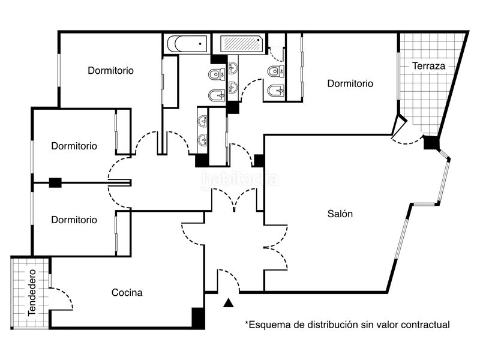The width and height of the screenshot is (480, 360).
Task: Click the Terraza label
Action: [x=428, y=66]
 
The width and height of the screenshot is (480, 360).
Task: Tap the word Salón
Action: [x=340, y=214]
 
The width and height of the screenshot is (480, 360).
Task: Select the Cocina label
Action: [x=127, y=292]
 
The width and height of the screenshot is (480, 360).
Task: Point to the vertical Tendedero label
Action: [x=32, y=292]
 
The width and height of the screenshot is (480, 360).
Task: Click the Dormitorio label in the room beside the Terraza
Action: [x=350, y=83]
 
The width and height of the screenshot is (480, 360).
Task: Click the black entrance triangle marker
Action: [x=229, y=303]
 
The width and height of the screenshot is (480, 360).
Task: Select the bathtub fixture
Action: [x=187, y=44]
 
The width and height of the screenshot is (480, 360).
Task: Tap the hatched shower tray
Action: [x=242, y=44]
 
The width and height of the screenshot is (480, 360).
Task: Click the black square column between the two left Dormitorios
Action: [x=55, y=183]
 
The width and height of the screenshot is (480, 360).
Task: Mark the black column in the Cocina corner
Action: [x=198, y=318]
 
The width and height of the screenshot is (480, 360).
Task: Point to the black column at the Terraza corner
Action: [x=431, y=143]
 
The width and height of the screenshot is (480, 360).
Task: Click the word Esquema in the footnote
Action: [x=266, y=325]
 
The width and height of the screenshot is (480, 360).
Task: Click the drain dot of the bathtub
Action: [x=200, y=44]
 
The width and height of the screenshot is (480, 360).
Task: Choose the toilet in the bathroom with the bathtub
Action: [x=217, y=74]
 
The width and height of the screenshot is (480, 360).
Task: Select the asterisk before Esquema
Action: [x=246, y=323]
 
